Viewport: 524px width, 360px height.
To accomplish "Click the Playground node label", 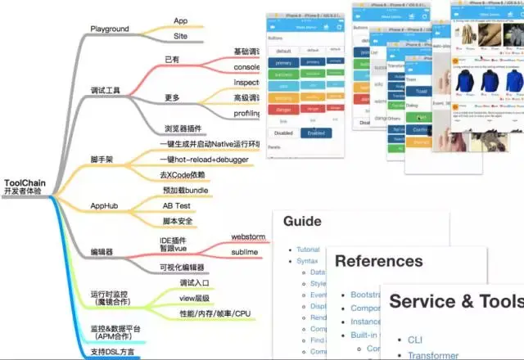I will coord(110,29).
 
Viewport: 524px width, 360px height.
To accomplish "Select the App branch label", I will coord(182,20).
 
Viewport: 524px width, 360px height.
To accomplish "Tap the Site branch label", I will coord(182,37).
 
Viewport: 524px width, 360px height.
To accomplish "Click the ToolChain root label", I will coord(25,183).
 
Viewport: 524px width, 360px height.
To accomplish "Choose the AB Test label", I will coord(178,205).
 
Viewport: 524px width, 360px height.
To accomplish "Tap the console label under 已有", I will coord(247,67).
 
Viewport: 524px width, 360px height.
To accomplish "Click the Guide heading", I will coord(302,221).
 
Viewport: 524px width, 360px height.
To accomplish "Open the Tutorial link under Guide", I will coord(308,249).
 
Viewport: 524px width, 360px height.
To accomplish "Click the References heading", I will coord(379,261).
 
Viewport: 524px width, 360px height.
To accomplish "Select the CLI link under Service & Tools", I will coord(415,339).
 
